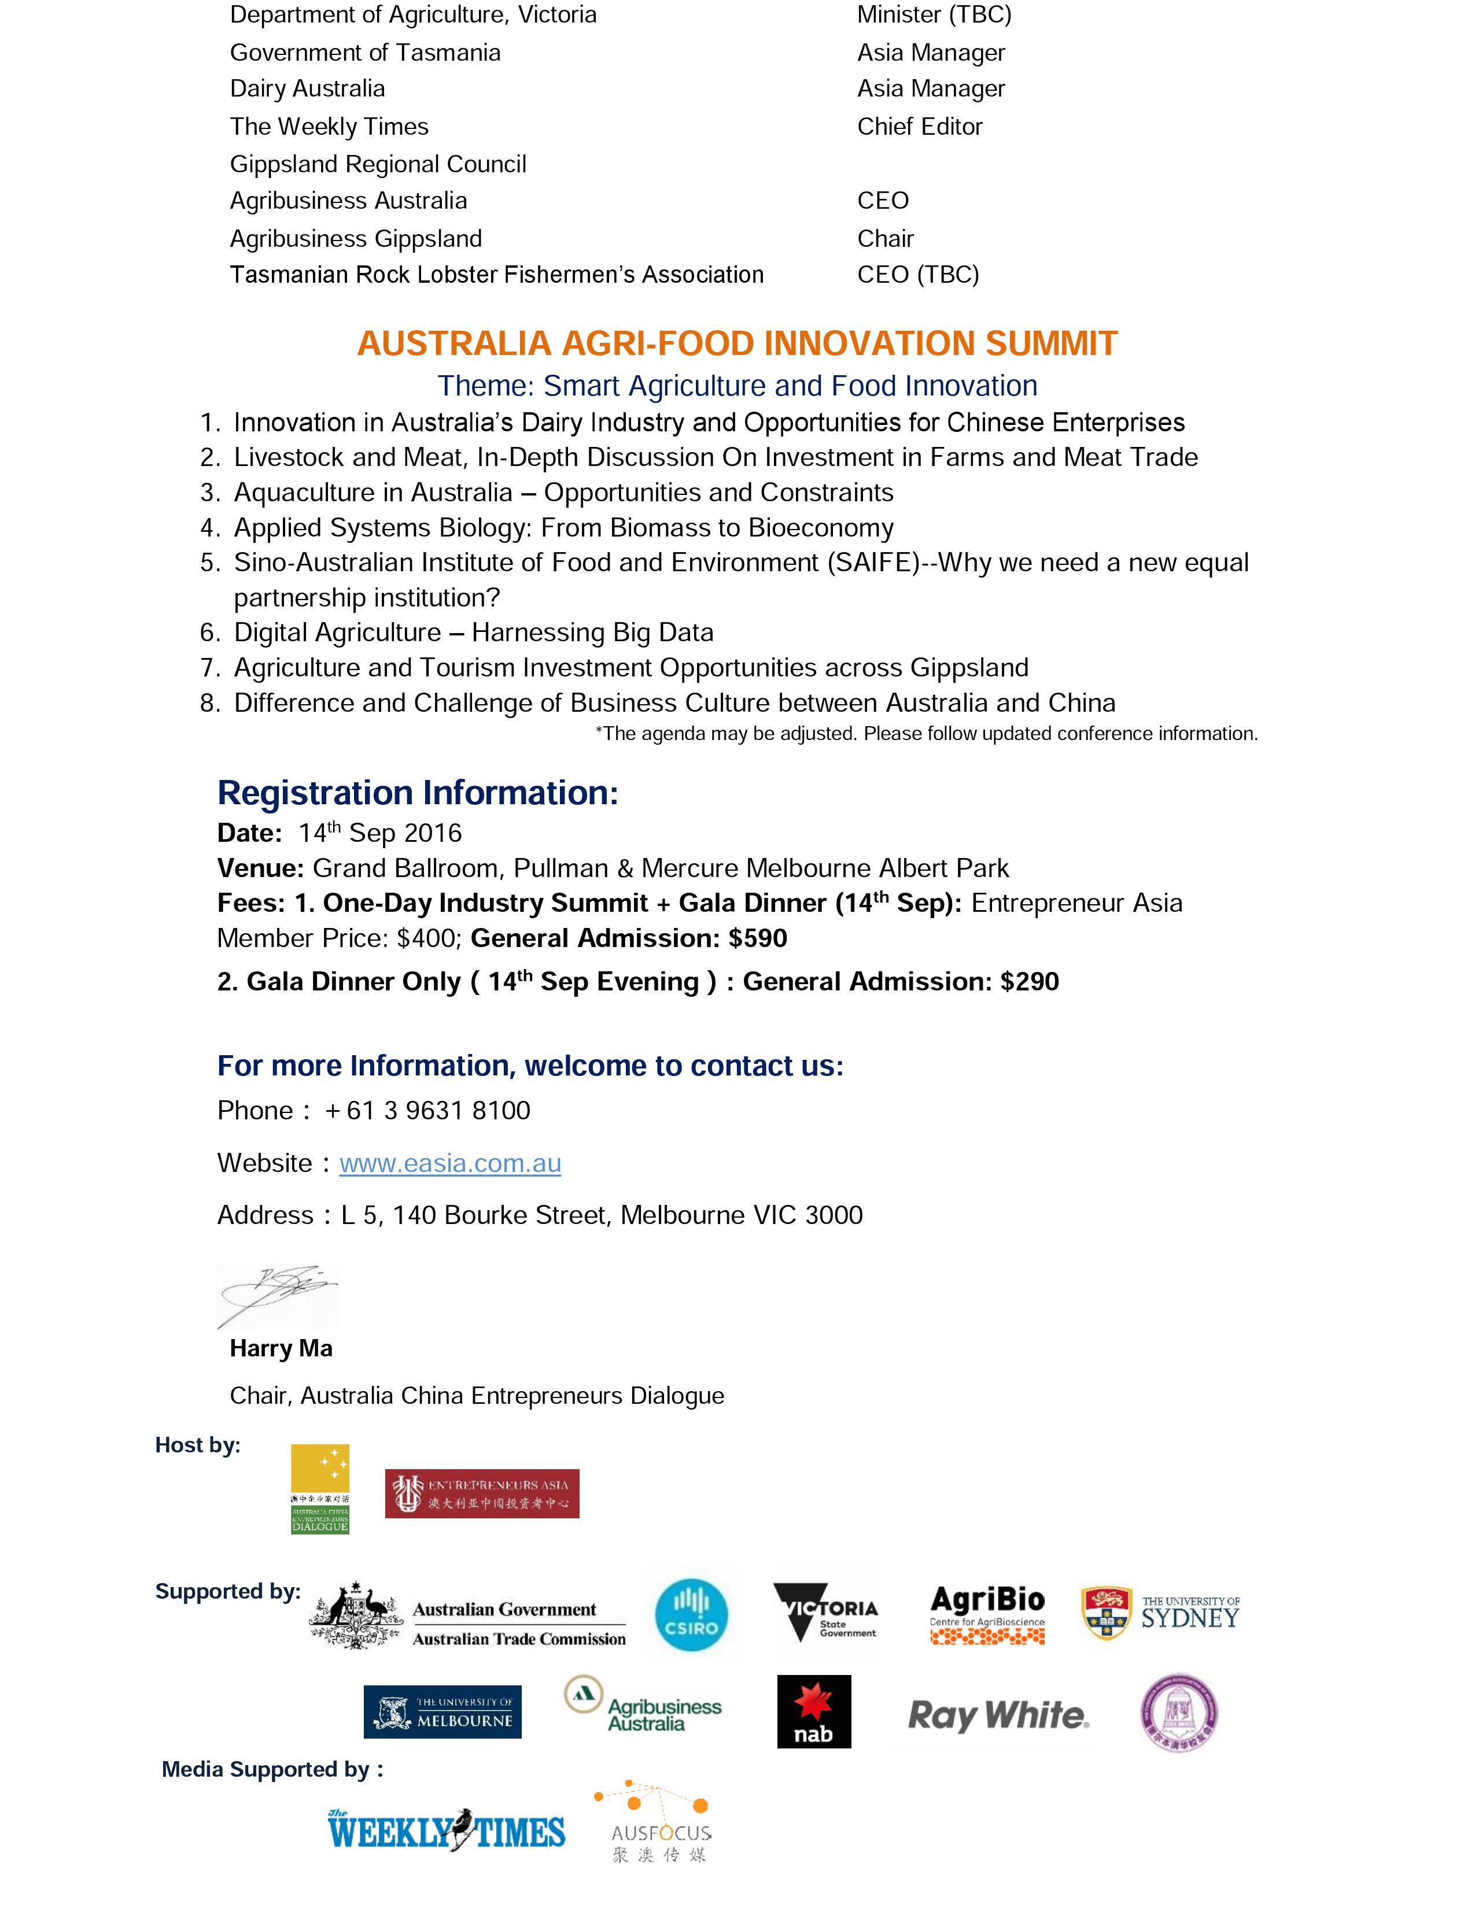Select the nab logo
(813, 1711)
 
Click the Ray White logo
(998, 1715)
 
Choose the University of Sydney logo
(1160, 1614)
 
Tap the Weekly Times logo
(447, 1831)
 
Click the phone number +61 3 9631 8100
(427, 1110)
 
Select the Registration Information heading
(418, 792)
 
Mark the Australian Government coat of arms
(356, 1615)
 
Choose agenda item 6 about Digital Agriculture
(474, 633)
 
